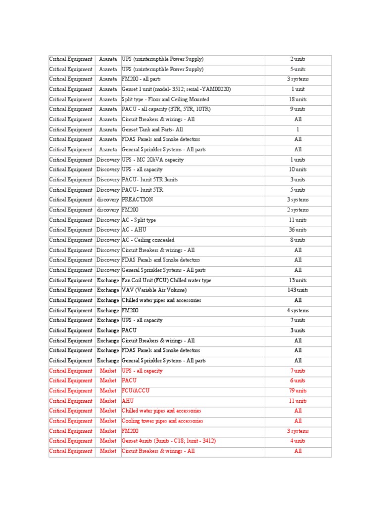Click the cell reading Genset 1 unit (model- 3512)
click(x=176, y=89)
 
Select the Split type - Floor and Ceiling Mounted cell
click(x=165, y=99)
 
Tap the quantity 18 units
click(x=298, y=99)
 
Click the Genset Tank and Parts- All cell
click(x=152, y=129)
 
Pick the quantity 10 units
click(x=298, y=169)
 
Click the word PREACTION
click(x=137, y=200)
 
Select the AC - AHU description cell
click(x=134, y=230)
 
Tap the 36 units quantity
click(x=298, y=230)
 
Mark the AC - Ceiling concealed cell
click(x=148, y=240)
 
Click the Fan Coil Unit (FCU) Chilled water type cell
click(x=166, y=280)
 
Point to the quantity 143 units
click(x=298, y=290)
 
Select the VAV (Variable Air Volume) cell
click(x=154, y=290)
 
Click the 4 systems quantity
click(x=298, y=310)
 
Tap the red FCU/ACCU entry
click(x=136, y=391)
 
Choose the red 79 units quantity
click(x=298, y=391)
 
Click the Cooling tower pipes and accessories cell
click(x=162, y=421)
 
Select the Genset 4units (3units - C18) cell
click(x=169, y=441)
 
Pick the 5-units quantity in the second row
click(x=298, y=69)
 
